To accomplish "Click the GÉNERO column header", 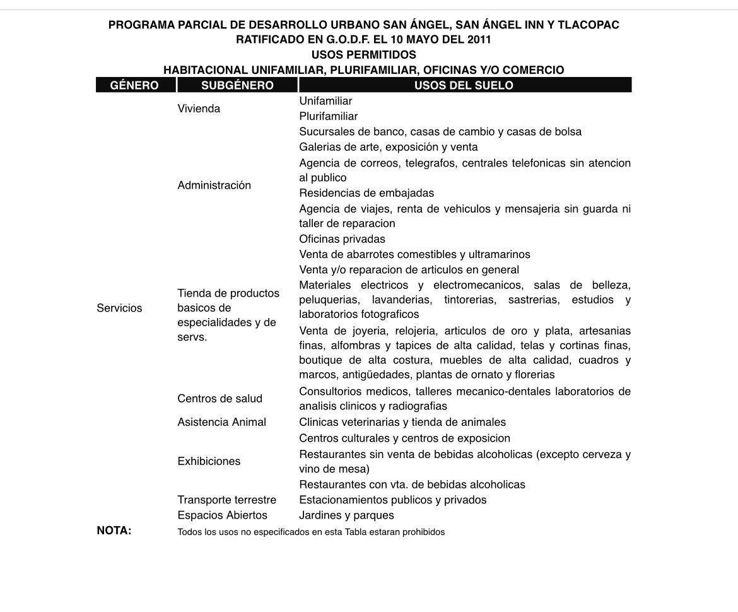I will (134, 85).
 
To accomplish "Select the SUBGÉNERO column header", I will (237, 85).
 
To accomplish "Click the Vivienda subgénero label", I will (199, 109).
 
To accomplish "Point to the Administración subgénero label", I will (214, 185).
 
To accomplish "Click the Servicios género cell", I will (119, 308).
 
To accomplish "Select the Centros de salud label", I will (220, 399).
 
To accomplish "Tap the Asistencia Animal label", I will (221, 422).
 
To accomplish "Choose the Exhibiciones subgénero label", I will (209, 461).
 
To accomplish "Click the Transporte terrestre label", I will (226, 500).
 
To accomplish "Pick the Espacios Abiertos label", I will (222, 515).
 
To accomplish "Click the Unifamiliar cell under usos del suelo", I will (325, 101).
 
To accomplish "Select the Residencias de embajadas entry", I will (366, 193).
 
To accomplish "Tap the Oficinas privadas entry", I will (342, 239).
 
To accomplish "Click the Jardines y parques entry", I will (346, 515).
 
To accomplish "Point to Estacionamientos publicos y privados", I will (392, 500).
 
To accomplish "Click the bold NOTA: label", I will (114, 531).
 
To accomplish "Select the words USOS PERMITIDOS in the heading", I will (363, 55).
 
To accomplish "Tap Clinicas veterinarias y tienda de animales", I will (402, 422).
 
